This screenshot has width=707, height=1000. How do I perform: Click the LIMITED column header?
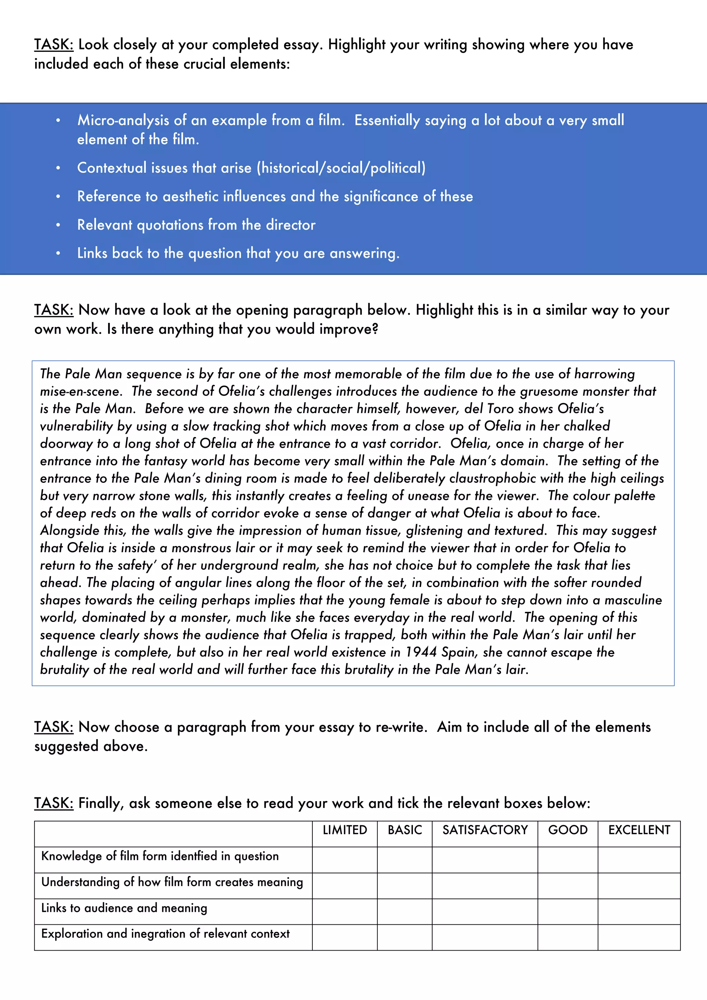345,830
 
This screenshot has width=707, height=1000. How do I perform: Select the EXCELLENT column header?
639,830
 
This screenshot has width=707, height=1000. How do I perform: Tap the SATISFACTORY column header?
485,830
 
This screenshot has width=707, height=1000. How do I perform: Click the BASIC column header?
405,830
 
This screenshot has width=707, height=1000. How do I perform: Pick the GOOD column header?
567,830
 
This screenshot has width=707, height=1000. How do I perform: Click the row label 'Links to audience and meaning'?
124,908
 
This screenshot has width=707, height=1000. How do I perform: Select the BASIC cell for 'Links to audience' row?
405,912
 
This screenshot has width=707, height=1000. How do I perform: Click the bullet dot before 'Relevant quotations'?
58,225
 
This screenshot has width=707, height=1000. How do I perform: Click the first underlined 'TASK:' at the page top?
54,45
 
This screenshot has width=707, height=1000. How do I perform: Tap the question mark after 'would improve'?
375,329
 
